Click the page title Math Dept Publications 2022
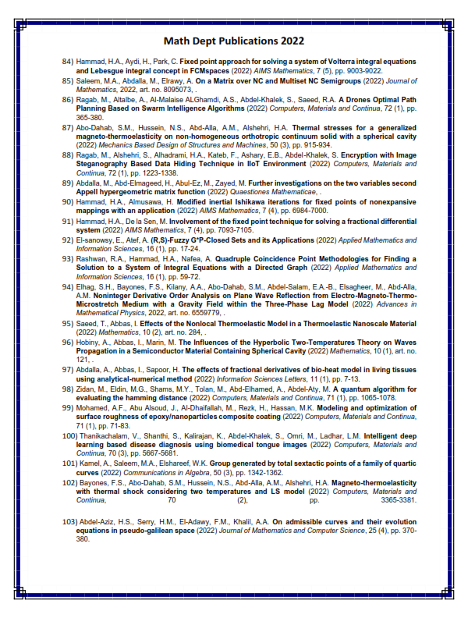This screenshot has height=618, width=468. pyautogui.click(x=234, y=41)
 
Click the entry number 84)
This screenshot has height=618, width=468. pyautogui.click(x=69, y=61)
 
